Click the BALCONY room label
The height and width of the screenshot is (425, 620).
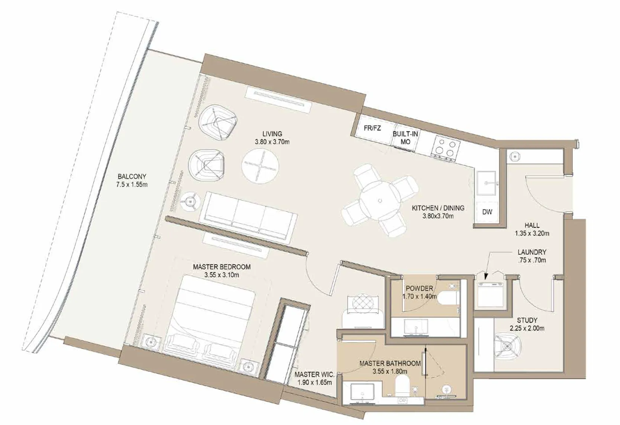click(132, 176)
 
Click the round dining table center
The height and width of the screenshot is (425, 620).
click(380, 201)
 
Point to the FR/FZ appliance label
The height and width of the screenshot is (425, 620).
click(372, 129)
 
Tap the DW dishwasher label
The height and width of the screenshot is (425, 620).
click(487, 212)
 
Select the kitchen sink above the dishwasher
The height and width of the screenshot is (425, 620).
click(487, 183)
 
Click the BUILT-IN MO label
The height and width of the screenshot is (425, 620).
click(405, 137)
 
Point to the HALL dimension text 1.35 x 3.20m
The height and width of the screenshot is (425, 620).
click(532, 234)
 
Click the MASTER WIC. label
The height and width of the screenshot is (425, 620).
click(314, 374)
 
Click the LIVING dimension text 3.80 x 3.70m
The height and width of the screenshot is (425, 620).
click(272, 142)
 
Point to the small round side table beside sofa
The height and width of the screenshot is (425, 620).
click(191, 201)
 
